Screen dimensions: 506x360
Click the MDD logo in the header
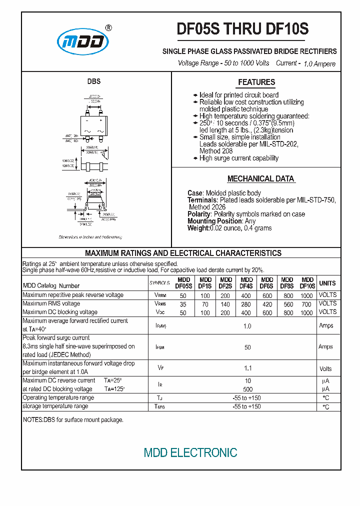pyautogui.click(x=82, y=42)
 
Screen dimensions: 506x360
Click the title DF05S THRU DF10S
pyautogui.click(x=242, y=30)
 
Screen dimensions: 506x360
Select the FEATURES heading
pyautogui.click(x=256, y=82)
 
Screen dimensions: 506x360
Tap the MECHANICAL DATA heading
pyautogui.click(x=260, y=178)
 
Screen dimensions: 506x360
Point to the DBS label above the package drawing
pyautogui.click(x=94, y=81)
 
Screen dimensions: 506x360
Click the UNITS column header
pyautogui.click(x=327, y=283)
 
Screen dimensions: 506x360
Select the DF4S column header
pyautogui.click(x=246, y=283)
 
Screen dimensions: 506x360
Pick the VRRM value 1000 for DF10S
pyautogui.click(x=307, y=295)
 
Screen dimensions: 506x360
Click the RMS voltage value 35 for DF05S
pyautogui.click(x=183, y=304)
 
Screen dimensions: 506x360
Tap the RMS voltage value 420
pyautogui.click(x=267, y=304)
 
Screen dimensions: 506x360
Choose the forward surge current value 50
pyautogui.click(x=247, y=346)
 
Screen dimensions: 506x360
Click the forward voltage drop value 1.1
pyautogui.click(x=247, y=368)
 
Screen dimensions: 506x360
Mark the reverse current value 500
pyautogui.click(x=247, y=389)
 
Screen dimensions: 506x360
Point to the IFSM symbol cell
pyautogui.click(x=160, y=346)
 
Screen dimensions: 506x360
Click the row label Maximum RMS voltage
pyautogui.click(x=51, y=303)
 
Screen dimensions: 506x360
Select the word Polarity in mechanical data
pyautogui.click(x=199, y=214)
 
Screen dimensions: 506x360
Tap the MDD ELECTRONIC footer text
pyautogui.click(x=190, y=453)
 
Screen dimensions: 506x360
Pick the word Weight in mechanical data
pyautogui.click(x=198, y=228)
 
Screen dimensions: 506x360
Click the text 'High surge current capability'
pyautogui.click(x=239, y=158)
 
